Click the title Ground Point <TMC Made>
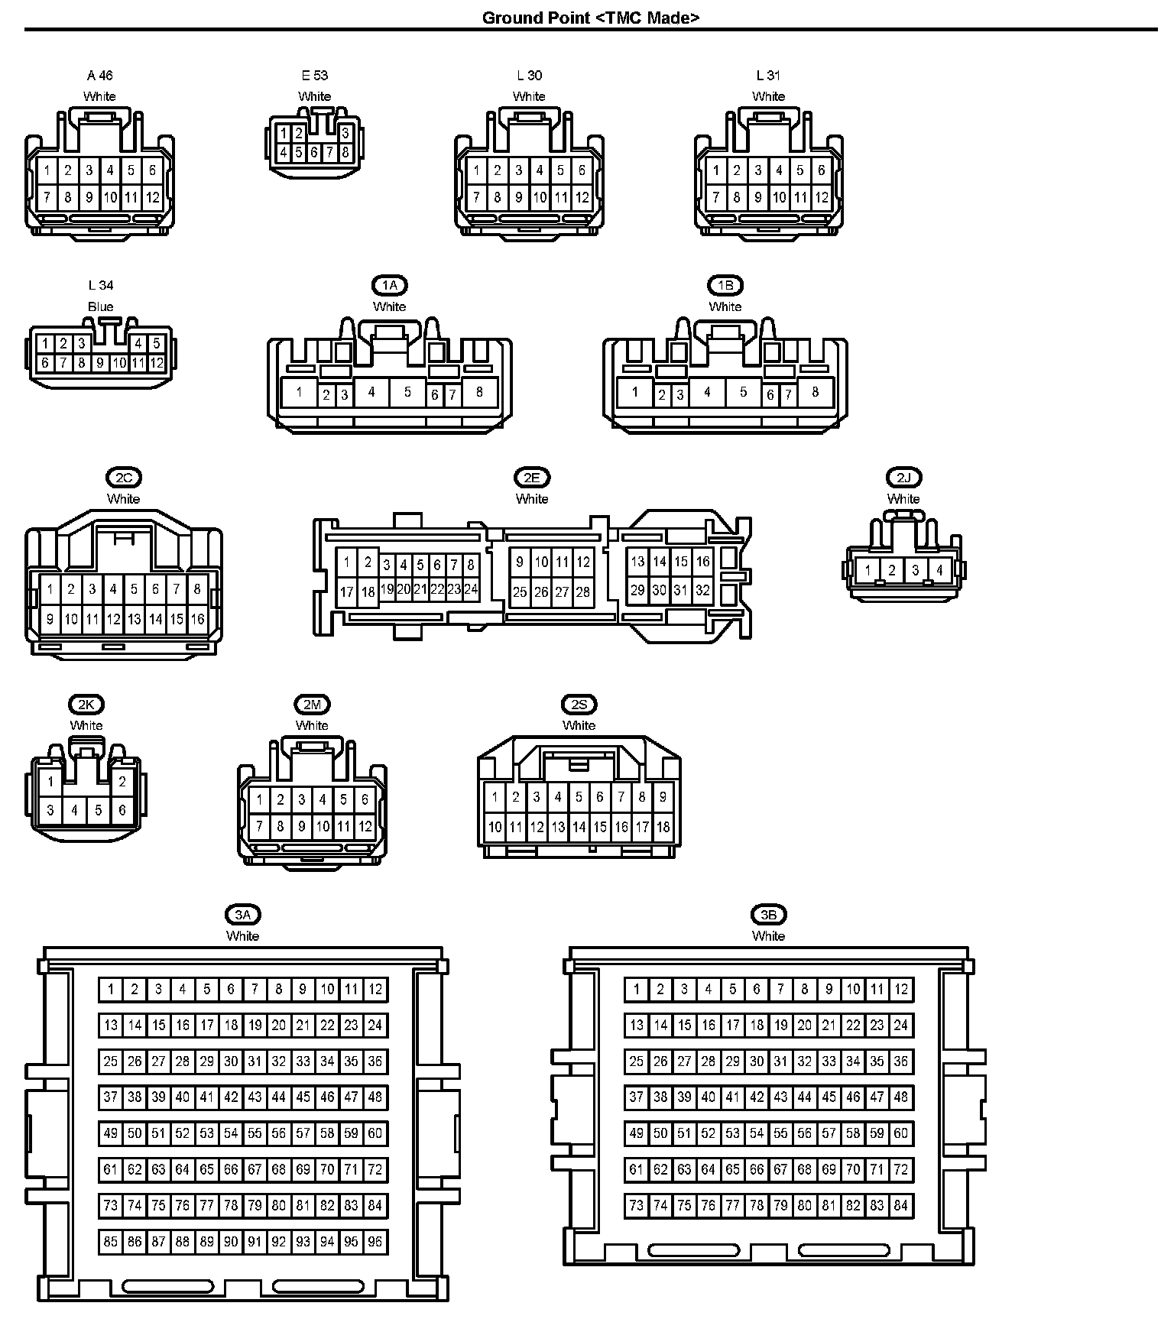(590, 18)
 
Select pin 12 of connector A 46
(153, 198)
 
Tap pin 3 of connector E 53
(345, 133)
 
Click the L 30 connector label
(529, 75)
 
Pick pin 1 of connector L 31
(716, 170)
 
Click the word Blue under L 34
(100, 306)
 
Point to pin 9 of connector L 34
(100, 363)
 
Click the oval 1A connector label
(390, 286)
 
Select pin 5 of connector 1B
(743, 393)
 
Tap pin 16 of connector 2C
(198, 619)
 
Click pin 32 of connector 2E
(702, 590)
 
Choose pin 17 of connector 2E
(347, 591)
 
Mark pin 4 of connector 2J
(939, 570)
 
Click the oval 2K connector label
(86, 705)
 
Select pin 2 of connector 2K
(122, 782)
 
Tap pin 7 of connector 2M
(260, 826)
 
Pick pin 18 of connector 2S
(663, 827)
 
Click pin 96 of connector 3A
(375, 1242)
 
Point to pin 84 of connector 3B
(901, 1206)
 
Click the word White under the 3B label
(768, 936)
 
